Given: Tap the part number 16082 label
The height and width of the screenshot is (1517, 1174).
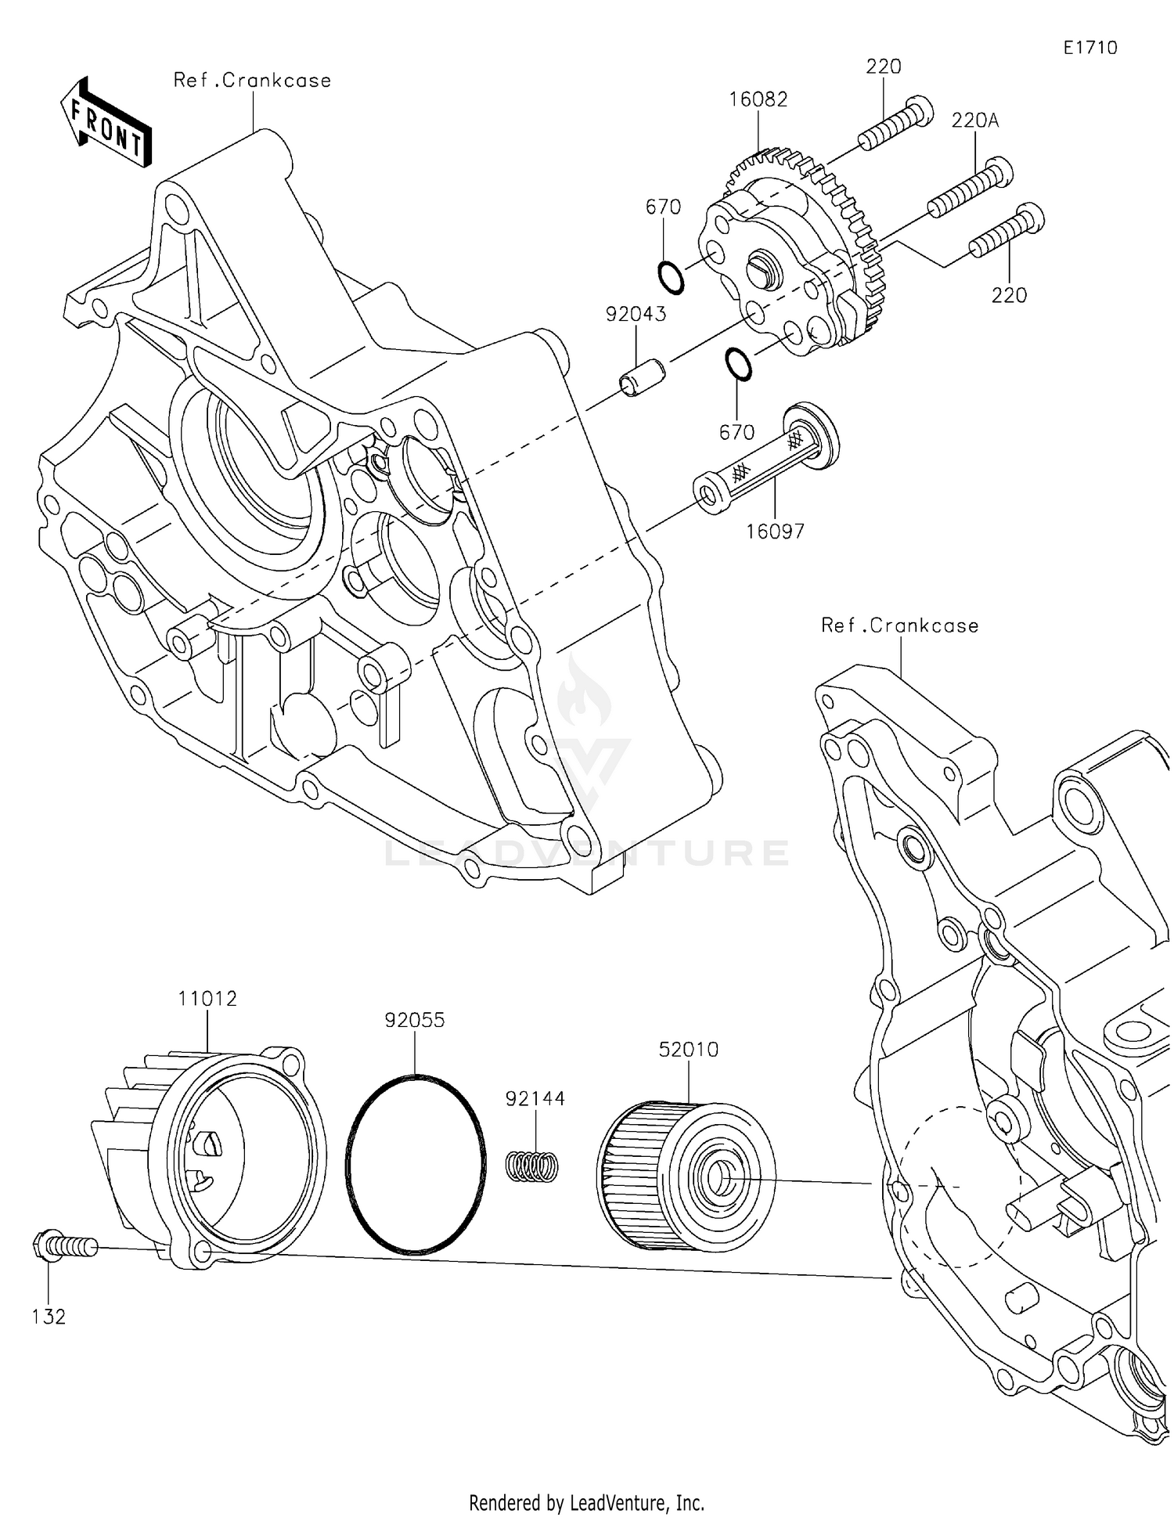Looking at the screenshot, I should (x=758, y=99).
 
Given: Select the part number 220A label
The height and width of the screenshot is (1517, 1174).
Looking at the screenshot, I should (x=975, y=121).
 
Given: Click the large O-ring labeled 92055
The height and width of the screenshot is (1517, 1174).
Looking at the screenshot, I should (x=415, y=1164).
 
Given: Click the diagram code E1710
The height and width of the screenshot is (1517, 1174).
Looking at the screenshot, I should (x=1090, y=48).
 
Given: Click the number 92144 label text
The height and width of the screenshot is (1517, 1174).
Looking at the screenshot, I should (x=535, y=1098).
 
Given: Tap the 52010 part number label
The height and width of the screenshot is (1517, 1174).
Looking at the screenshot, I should (x=688, y=1049).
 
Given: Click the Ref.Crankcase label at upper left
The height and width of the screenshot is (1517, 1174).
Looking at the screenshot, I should (x=252, y=81).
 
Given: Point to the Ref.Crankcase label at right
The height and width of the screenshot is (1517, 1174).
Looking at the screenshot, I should (x=900, y=625).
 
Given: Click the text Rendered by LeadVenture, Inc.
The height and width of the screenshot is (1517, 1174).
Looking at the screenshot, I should (x=586, y=1502).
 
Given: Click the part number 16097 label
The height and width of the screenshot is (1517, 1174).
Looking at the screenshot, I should (x=775, y=531).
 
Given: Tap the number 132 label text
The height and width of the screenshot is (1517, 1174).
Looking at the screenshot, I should (x=49, y=1317).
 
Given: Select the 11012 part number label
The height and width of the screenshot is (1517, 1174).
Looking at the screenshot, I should (x=207, y=999).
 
